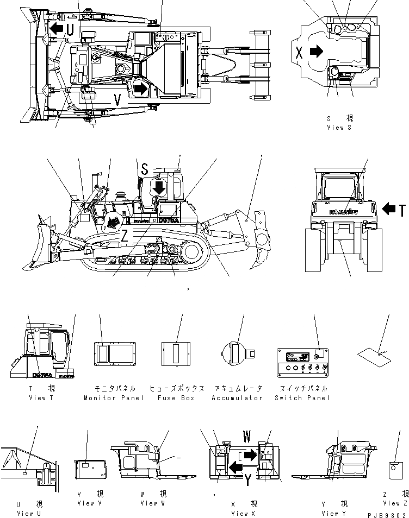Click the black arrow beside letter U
tap(55, 28)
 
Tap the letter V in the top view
tap(117, 99)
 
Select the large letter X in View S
tap(299, 52)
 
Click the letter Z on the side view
tap(125, 237)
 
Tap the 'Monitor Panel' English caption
tap(114, 398)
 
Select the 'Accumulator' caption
tap(237, 398)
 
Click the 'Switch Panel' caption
tap(302, 398)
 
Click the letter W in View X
tap(247, 436)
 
